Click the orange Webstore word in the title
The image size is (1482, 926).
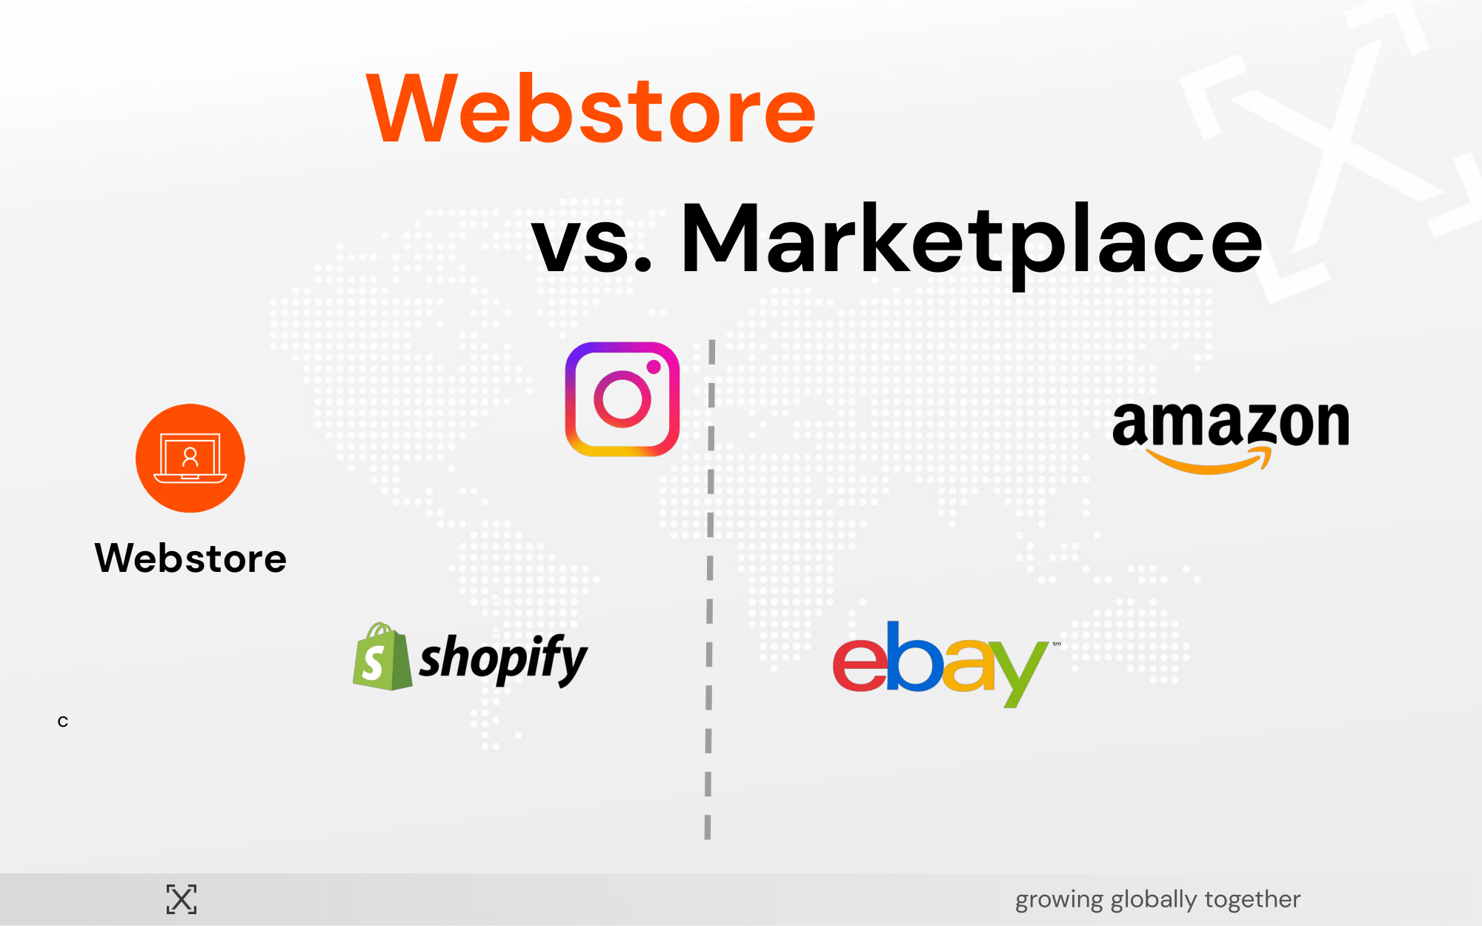tap(591, 108)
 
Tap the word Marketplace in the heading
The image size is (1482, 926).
tap(971, 242)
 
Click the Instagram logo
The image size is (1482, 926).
tap(622, 399)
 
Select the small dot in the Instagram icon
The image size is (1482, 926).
tap(654, 367)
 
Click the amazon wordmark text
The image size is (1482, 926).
tap(1231, 424)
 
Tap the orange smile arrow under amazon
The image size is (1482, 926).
tap(1209, 461)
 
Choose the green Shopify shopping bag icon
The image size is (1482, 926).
tap(382, 657)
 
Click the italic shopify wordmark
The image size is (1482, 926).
tap(503, 659)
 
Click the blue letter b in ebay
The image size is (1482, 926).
tap(914, 656)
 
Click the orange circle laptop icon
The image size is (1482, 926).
tap(190, 458)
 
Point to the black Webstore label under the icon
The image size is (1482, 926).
tap(190, 558)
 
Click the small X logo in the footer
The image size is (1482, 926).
tap(182, 899)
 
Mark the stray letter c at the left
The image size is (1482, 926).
tap(63, 722)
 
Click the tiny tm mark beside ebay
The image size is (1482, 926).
tap(1057, 644)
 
